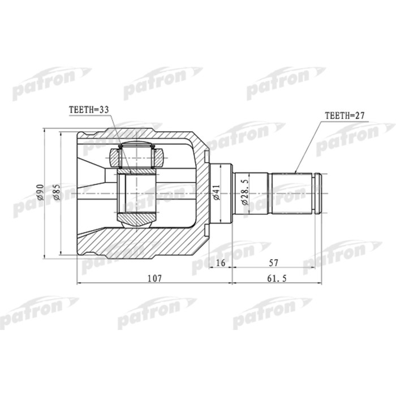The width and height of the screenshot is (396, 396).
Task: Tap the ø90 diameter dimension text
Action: coord(40,194)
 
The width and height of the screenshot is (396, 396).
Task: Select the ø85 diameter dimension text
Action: coord(56,194)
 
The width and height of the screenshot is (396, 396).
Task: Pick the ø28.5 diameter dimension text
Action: coord(244,193)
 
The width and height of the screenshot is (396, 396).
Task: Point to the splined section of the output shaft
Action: coord(294,193)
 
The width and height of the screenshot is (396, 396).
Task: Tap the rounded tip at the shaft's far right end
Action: coord(321,193)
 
